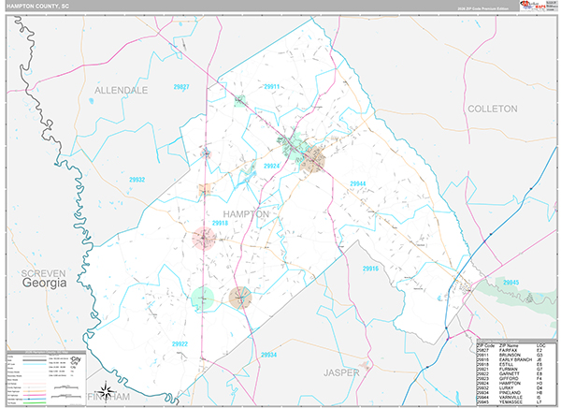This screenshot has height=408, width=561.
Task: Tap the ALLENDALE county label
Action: (x=121, y=90)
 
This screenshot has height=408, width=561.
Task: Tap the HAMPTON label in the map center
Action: (x=246, y=213)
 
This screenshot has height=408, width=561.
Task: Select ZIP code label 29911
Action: (x=272, y=86)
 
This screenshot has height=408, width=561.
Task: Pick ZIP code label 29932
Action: (x=137, y=179)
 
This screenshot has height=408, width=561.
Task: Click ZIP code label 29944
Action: (x=359, y=183)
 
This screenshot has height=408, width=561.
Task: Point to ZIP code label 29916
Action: (x=371, y=269)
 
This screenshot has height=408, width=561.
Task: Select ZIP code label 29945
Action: (x=510, y=282)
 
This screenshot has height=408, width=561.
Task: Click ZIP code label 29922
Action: (x=180, y=344)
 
